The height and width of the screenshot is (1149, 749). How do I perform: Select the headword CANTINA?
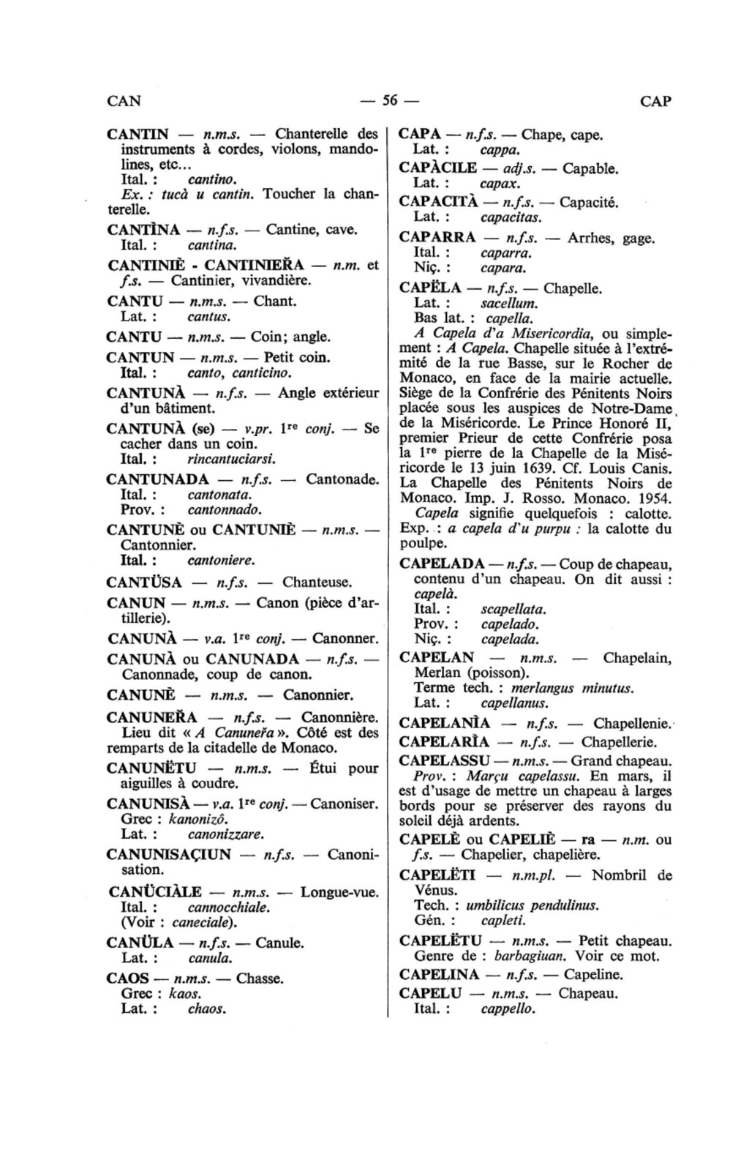(143, 230)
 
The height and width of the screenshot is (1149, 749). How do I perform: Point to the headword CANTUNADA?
(157, 480)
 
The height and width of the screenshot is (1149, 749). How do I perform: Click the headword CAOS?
(128, 978)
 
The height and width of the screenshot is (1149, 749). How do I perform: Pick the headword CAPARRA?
(437, 238)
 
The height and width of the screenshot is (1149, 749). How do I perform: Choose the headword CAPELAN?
(437, 658)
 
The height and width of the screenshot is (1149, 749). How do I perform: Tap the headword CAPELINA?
(440, 975)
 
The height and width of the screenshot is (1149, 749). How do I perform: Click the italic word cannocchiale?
(229, 907)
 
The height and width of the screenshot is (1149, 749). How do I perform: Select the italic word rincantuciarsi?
(231, 460)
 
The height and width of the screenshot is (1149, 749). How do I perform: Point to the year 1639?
(587, 468)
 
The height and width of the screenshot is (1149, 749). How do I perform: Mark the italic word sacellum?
(509, 303)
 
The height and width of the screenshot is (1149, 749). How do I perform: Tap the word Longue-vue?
(339, 892)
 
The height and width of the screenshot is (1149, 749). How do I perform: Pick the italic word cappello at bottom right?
(508, 1009)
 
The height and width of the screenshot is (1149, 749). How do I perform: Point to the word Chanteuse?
(317, 583)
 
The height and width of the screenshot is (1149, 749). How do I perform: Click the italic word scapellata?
(513, 609)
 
